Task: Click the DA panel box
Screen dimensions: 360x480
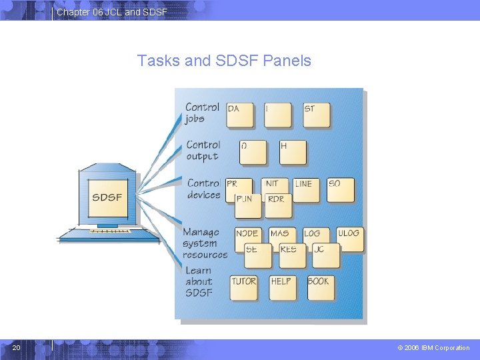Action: click(x=239, y=115)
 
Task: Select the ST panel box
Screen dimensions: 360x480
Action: click(x=315, y=115)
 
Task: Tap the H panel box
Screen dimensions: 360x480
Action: click(x=292, y=152)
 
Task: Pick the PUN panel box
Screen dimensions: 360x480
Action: click(x=247, y=205)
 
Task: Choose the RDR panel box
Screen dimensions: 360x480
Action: click(x=278, y=205)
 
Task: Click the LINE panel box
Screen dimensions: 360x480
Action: click(x=305, y=189)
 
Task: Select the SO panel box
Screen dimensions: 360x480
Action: click(x=340, y=189)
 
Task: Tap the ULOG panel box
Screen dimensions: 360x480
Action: click(x=349, y=239)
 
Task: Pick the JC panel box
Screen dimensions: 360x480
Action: click(x=325, y=255)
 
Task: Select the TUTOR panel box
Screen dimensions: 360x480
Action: click(x=244, y=287)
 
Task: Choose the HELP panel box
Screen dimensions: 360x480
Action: click(x=283, y=287)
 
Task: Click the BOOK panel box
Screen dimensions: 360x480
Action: click(x=321, y=287)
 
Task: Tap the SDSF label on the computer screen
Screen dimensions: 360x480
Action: click(x=107, y=197)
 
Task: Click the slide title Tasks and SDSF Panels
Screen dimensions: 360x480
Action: click(x=224, y=61)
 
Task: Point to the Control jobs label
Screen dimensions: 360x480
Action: click(x=202, y=113)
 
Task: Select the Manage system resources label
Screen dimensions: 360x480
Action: click(x=204, y=243)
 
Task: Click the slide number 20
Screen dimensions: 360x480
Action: click(x=17, y=347)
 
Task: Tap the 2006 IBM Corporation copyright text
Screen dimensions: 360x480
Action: click(x=433, y=348)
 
